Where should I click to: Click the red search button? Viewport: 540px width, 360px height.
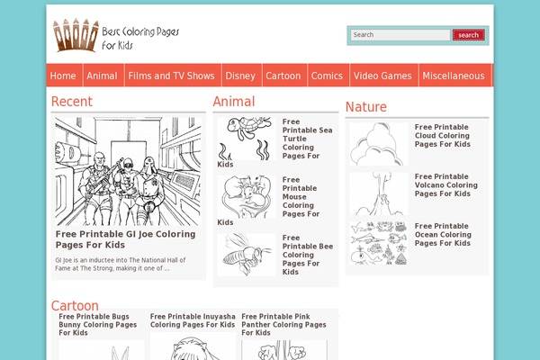pos(468,35)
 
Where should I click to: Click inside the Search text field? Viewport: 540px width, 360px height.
pos(400,35)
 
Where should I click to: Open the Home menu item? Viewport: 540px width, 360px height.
pos(63,76)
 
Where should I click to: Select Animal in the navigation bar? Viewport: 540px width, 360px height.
pos(103,76)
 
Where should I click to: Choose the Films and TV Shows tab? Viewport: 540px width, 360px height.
pos(171,76)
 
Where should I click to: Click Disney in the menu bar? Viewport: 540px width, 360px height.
pos(240,76)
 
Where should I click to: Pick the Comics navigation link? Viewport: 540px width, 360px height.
pos(327,76)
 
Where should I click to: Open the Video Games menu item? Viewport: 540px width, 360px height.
pos(382,76)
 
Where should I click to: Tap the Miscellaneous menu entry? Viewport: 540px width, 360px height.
pos(454,76)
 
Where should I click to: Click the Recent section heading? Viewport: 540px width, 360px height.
pos(71,102)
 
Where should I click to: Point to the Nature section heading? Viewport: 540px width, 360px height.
pos(365,107)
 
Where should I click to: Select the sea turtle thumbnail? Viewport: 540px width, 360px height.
pos(246,137)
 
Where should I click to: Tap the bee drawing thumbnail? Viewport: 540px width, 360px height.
pos(246,255)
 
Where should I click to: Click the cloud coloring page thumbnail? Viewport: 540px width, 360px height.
pos(378,144)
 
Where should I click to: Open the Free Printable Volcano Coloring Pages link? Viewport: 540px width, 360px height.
pos(445,185)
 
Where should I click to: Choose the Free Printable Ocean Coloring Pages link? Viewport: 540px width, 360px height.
pos(443,234)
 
